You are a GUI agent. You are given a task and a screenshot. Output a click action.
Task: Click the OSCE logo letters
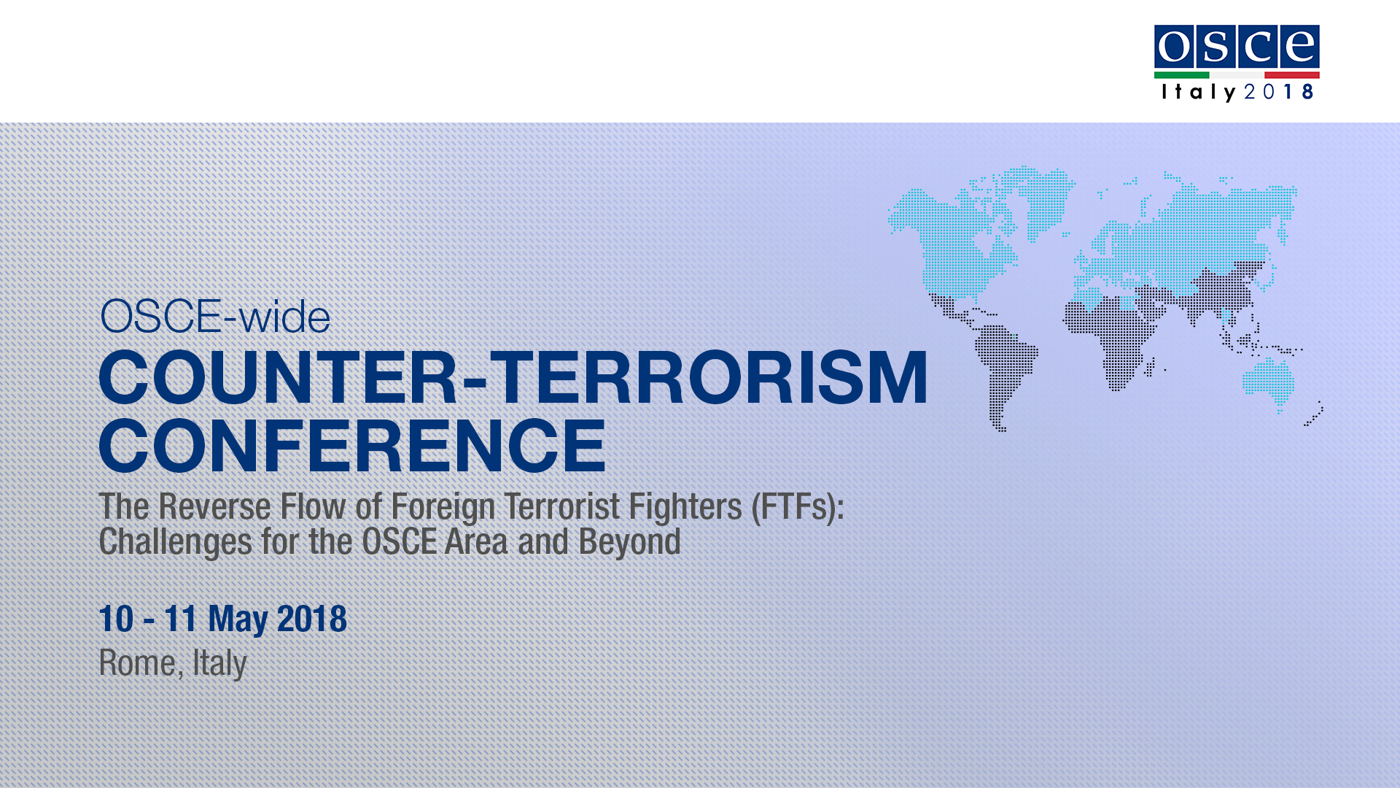1237,47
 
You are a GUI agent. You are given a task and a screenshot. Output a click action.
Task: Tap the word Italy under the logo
1199,92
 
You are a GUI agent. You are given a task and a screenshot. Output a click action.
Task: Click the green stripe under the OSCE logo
1181,75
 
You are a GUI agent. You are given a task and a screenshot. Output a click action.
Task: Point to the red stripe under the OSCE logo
1292,75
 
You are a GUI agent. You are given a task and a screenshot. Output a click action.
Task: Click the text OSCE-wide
215,317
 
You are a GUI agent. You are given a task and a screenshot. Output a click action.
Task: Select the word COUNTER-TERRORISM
513,377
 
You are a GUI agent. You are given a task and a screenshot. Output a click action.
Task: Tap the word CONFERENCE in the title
352,445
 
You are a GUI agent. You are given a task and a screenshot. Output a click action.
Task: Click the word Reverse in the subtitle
215,506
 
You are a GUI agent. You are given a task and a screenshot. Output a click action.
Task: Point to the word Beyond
630,543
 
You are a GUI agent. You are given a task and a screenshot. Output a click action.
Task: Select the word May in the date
238,619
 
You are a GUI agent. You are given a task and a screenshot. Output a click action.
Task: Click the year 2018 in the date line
312,618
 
